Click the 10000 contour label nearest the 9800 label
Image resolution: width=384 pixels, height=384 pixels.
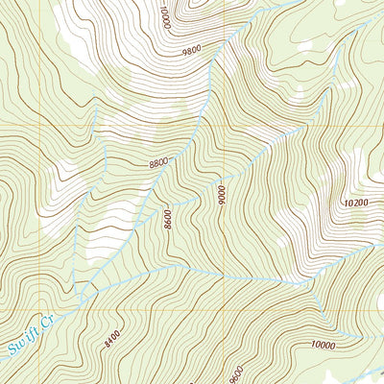click(165, 17)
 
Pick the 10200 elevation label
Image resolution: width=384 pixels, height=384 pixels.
click(354, 203)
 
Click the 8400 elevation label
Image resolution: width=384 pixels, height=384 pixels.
click(111, 337)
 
